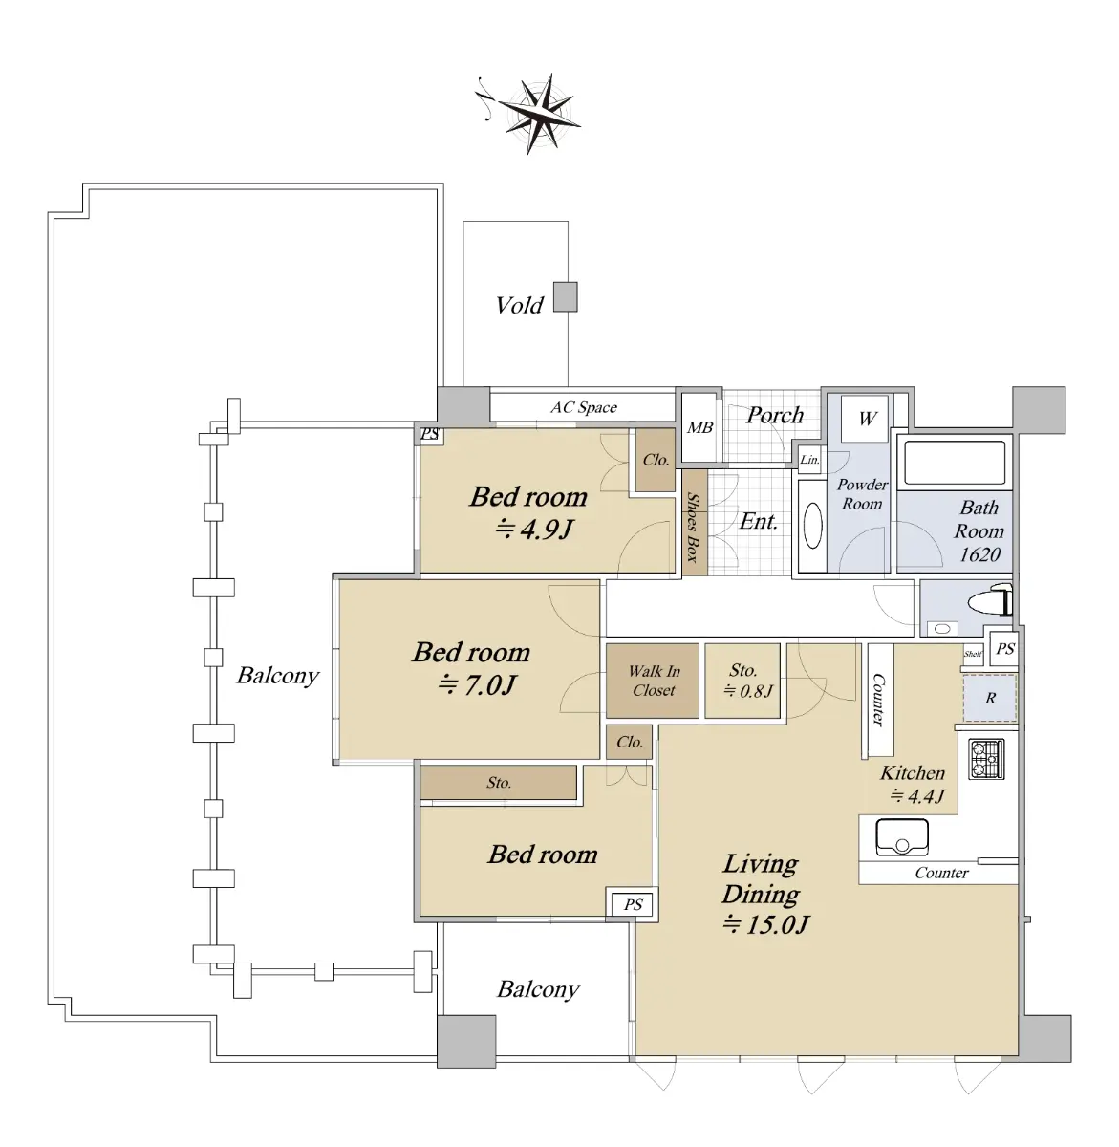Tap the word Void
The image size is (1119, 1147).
pos(519,305)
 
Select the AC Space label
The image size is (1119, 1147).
pos(583,407)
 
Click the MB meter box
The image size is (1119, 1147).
pos(700,427)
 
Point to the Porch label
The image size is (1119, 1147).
pos(774,415)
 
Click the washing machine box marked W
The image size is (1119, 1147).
pos(865,419)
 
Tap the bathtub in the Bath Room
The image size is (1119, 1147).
pos(955,463)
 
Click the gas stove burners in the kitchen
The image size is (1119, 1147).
pos(986,759)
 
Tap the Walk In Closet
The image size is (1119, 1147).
pos(653,681)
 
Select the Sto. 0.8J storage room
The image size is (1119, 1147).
pos(742,681)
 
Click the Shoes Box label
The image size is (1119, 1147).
pos(694,527)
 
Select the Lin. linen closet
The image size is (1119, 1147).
pos(809,460)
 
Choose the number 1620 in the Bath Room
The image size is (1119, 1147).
pos(979,554)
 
